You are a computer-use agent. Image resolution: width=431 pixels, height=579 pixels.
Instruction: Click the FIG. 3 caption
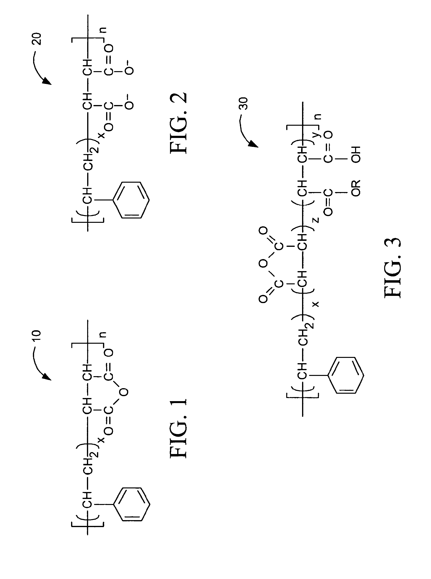393,268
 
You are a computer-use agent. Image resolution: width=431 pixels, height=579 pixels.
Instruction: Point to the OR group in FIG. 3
356,188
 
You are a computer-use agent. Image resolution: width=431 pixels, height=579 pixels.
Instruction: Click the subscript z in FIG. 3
316,220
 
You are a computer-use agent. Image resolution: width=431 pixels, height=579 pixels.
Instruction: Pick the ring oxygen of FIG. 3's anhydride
263,263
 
